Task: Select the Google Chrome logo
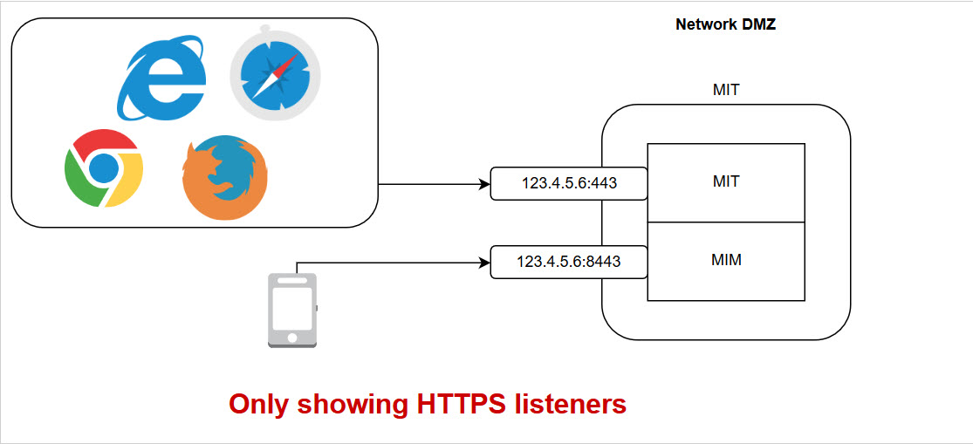pos(104,167)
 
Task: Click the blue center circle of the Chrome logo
pos(104,167)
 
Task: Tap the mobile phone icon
pos(292,311)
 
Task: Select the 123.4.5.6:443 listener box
pos(569,183)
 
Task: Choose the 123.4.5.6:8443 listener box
pos(569,262)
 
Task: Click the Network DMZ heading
pos(725,24)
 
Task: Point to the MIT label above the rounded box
pos(726,90)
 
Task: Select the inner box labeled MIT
pos(725,182)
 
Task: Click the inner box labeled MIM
pos(725,260)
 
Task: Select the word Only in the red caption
pos(259,405)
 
